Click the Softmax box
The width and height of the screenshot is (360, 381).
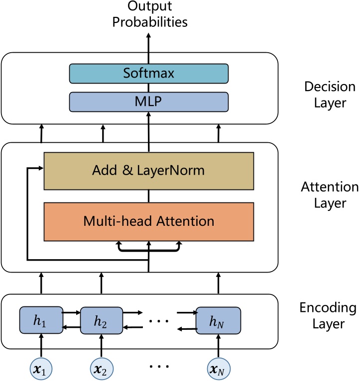point(149,74)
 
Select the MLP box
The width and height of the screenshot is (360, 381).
point(149,101)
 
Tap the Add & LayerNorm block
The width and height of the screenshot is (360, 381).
point(149,171)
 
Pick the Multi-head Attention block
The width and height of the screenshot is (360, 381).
point(149,219)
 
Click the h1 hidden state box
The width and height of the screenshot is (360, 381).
point(41,321)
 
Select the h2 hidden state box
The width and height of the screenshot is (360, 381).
point(101,321)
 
